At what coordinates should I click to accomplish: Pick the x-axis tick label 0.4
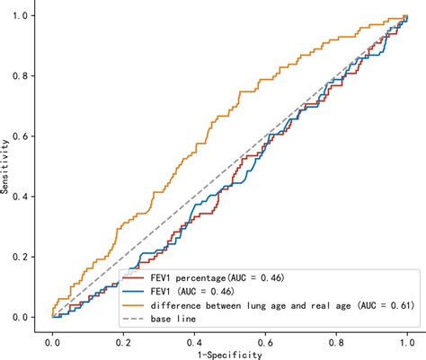[x=195, y=342]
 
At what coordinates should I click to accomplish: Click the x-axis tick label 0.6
[x=265, y=342]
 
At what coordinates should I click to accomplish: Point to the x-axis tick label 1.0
[x=407, y=342]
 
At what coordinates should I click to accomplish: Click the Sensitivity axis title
[x=7, y=167]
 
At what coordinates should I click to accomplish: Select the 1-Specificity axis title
[x=230, y=355]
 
